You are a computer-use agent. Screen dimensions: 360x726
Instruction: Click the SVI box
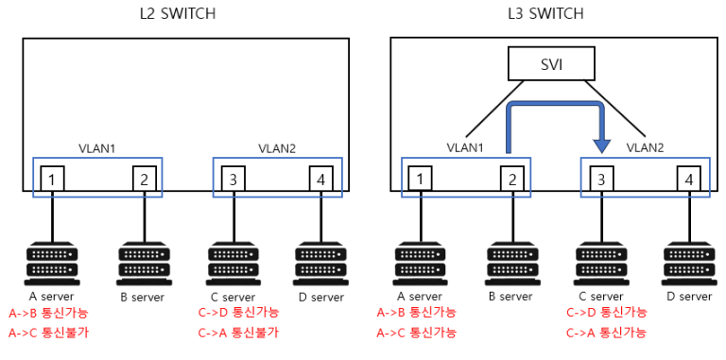pyautogui.click(x=552, y=65)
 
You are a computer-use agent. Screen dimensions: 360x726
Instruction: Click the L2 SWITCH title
pyautogui.click(x=177, y=13)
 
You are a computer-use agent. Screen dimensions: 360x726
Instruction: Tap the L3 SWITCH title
pyautogui.click(x=545, y=13)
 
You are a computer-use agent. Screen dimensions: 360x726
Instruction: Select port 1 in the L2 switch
pyautogui.click(x=52, y=177)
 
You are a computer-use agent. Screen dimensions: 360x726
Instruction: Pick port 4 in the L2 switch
pyautogui.click(x=322, y=177)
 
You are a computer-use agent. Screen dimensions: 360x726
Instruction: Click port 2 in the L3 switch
pyautogui.click(x=510, y=177)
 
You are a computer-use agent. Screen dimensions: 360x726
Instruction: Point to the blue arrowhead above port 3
pyautogui.click(x=599, y=145)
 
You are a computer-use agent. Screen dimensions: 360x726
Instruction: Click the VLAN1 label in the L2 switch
pyautogui.click(x=95, y=148)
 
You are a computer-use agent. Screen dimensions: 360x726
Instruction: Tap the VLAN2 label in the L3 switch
pyautogui.click(x=647, y=148)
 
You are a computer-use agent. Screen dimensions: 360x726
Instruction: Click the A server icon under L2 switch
pyautogui.click(x=52, y=264)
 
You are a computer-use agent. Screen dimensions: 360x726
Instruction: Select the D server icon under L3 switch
pyautogui.click(x=689, y=264)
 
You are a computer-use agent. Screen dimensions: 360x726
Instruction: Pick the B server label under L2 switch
pyautogui.click(x=142, y=297)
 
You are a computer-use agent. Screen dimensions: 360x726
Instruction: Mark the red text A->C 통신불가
pyautogui.click(x=48, y=332)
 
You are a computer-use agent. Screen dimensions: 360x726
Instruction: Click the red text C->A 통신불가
pyautogui.click(x=238, y=332)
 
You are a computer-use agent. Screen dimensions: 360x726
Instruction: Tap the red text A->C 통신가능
pyautogui.click(x=416, y=332)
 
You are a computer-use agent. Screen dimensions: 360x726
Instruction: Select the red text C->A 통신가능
pyautogui.click(x=606, y=332)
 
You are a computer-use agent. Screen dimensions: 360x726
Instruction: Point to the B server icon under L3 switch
pyautogui.click(x=510, y=264)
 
